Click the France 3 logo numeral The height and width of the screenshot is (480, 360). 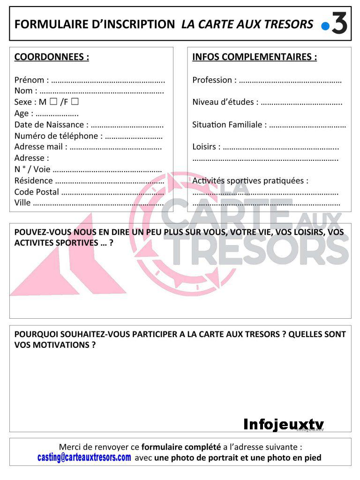pyautogui.click(x=339, y=23)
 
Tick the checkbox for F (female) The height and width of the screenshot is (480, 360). pyautogui.click(x=75, y=101)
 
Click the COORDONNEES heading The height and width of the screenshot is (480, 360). pyautogui.click(x=52, y=57)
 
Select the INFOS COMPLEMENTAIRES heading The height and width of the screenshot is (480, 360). pyautogui.click(x=255, y=57)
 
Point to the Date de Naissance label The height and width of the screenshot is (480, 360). pyautogui.click(x=51, y=125)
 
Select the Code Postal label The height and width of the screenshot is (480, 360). pyautogui.click(x=37, y=192)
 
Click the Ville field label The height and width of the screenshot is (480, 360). pyautogui.click(x=22, y=203)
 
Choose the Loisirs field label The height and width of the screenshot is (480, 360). pyautogui.click(x=206, y=147)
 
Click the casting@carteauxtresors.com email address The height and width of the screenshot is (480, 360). pyautogui.click(x=84, y=457)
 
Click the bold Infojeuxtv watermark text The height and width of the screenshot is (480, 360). pyautogui.click(x=284, y=425)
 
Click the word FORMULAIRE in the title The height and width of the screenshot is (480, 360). pyautogui.click(x=44, y=24)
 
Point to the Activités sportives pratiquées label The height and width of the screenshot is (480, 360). pyautogui.click(x=250, y=180)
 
